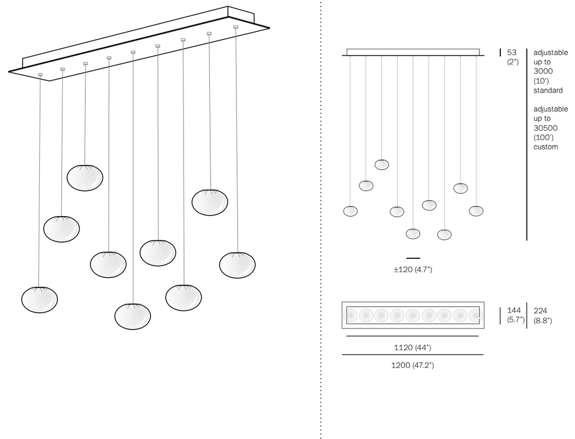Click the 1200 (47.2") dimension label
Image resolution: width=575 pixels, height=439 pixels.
coord(412,365)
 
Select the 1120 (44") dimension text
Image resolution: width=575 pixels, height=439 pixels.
coord(412,347)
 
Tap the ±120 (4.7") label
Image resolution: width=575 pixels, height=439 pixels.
coord(413,270)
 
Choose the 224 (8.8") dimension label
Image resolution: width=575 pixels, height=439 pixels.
coord(542,315)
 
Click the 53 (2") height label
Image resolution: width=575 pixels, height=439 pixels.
coord(512,57)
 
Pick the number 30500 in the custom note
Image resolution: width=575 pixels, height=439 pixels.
coord(545,128)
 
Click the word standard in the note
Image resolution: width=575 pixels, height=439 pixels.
coord(548,90)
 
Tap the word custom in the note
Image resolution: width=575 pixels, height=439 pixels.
coord(546,147)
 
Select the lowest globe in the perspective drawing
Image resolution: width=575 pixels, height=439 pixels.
coord(133,316)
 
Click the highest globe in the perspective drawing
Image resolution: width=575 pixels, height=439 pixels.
coord(85,177)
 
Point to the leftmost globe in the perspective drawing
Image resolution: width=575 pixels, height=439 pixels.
coord(39,299)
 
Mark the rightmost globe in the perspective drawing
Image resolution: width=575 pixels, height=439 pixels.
coord(237,265)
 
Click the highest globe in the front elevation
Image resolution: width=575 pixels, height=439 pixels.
coord(382,164)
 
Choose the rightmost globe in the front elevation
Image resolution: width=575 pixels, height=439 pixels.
coord(476,211)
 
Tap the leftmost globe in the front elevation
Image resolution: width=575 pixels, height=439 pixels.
coord(350,211)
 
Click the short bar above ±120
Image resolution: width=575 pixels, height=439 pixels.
coord(413,258)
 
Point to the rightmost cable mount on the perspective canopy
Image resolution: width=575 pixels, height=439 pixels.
coord(235,26)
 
